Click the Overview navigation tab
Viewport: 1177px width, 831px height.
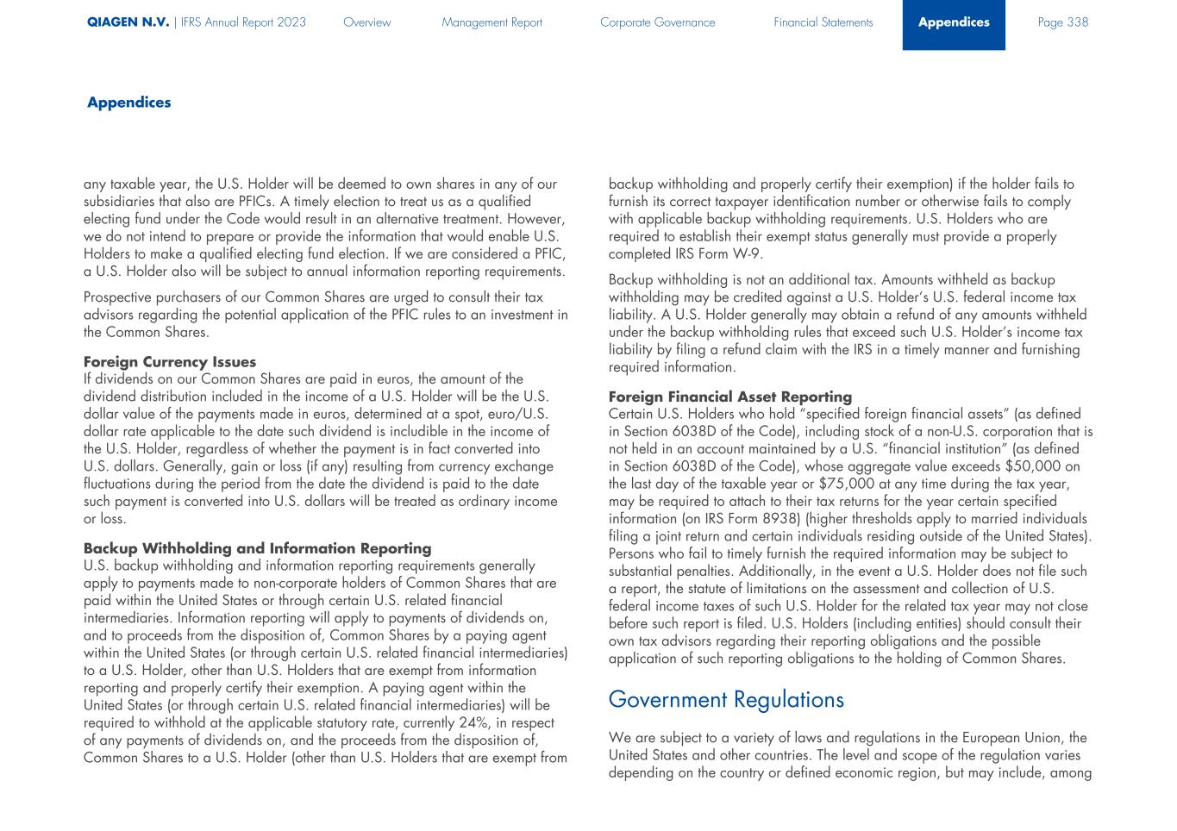(366, 22)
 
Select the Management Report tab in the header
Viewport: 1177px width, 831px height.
(491, 22)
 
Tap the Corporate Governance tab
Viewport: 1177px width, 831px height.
(657, 22)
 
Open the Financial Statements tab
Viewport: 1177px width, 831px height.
(823, 22)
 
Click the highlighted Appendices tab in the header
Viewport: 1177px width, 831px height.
(954, 22)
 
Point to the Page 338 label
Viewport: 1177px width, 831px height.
(1062, 22)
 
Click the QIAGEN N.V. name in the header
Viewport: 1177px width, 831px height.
(128, 22)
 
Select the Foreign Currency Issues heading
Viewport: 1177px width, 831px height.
(170, 362)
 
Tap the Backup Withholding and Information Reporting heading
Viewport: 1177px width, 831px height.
(257, 548)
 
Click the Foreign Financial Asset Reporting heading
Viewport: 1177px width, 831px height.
(729, 397)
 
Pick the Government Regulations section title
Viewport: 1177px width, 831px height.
(725, 699)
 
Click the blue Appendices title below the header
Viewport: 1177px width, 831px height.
(128, 103)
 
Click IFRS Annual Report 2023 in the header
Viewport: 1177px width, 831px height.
(244, 22)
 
